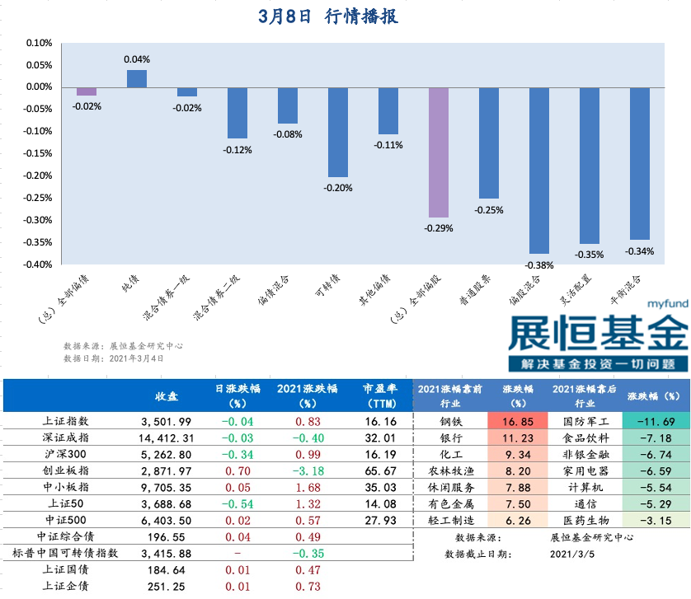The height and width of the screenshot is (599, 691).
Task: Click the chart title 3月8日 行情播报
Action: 327,16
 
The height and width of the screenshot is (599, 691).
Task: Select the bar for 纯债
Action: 137,79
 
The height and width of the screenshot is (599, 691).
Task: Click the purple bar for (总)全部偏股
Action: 439,152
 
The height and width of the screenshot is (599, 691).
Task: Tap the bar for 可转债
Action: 338,132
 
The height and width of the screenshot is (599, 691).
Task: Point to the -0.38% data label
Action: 539,265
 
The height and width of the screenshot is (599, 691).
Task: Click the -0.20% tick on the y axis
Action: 40,175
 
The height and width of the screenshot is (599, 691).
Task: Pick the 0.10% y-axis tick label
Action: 40,43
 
